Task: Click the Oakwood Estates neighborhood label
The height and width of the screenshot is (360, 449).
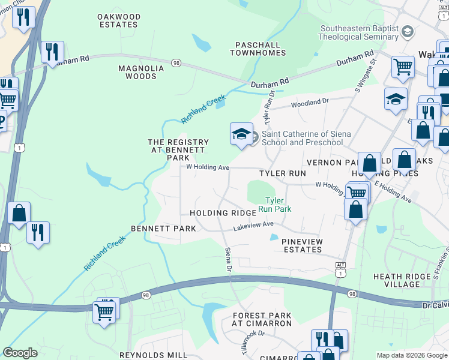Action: tap(119, 21)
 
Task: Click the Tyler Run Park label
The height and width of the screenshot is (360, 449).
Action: tap(274, 205)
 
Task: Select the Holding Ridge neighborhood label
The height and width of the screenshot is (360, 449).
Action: tap(215, 213)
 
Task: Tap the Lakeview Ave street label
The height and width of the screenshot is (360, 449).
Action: tap(253, 225)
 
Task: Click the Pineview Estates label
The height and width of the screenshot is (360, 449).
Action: tap(302, 245)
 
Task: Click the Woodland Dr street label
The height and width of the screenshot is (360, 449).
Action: tap(310, 103)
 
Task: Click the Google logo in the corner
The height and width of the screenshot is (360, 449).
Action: tap(20, 353)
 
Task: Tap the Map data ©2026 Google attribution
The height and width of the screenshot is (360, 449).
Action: tap(411, 355)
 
